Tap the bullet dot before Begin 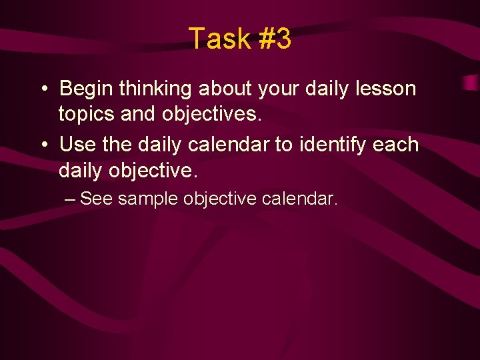click(43, 89)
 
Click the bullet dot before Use click(43, 145)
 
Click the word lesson click(389, 89)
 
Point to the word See click(96, 199)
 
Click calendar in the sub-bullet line click(301, 199)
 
